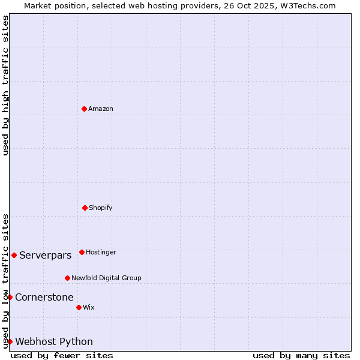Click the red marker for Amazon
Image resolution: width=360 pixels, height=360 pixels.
point(84,109)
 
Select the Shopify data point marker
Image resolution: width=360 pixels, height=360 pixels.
point(85,208)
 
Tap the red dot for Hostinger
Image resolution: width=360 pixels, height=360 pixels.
point(82,252)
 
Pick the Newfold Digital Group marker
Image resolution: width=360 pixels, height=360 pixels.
point(67,278)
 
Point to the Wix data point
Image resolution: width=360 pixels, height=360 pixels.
point(79,307)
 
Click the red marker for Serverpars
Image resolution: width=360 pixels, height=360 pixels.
point(14,255)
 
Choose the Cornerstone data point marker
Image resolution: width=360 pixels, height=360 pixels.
point(10,297)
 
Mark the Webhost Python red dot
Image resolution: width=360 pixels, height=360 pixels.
point(10,341)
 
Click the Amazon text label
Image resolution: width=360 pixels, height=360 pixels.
point(101,109)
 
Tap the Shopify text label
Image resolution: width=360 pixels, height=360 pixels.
point(101,208)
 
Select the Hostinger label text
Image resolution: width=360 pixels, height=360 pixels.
point(101,253)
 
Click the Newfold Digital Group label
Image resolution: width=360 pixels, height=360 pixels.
point(106,278)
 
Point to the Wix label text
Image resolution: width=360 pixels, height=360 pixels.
point(89,308)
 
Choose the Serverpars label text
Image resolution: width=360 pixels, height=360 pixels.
point(46,256)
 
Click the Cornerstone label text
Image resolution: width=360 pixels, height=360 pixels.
point(44,298)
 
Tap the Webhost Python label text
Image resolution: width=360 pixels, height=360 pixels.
point(54,342)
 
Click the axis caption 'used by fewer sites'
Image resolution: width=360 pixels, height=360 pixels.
point(62,355)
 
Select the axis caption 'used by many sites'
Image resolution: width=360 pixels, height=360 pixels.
point(301,355)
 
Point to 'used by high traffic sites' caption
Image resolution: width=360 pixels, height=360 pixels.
point(5,85)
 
